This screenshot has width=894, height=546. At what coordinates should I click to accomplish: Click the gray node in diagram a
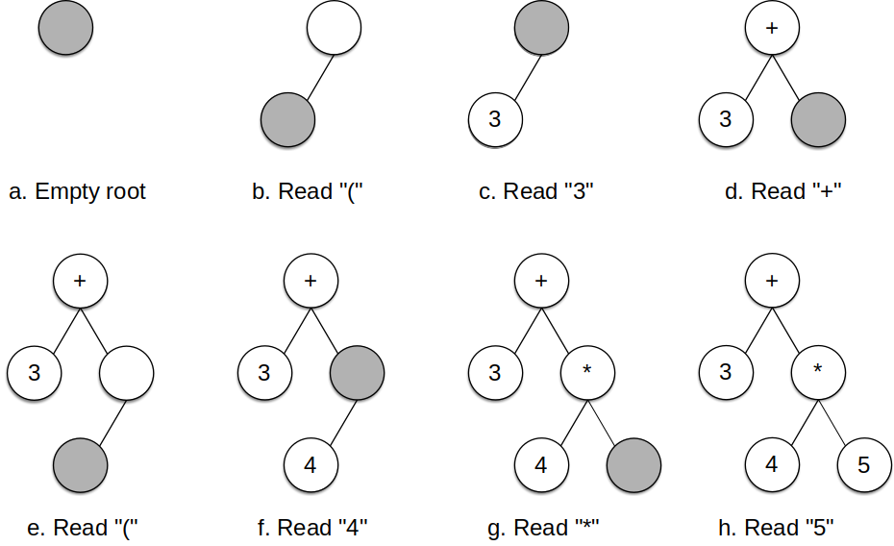coord(65,28)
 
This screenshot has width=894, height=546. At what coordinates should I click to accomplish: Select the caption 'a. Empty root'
coord(77,191)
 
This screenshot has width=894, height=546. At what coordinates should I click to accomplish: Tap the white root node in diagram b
coord(335,28)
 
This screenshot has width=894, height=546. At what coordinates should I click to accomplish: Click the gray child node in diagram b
coord(288,120)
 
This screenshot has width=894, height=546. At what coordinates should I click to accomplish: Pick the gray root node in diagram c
coord(541,28)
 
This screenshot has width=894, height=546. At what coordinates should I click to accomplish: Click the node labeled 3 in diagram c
coord(495,120)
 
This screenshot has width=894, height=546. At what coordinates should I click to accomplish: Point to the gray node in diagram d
coord(818,120)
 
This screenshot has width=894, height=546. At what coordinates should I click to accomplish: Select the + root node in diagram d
coord(772,28)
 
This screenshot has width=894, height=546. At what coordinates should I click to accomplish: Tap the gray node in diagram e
coord(81,465)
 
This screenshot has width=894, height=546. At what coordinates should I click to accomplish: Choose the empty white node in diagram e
coord(127,373)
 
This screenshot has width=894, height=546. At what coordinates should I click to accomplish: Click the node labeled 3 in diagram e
coord(35,373)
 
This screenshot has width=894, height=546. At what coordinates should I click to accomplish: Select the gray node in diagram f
coord(358,373)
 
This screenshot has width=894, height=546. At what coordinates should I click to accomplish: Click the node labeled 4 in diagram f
coord(310,465)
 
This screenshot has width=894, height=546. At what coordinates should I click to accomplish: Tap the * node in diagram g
coord(587,373)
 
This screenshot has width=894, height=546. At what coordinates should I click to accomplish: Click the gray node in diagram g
coord(633,465)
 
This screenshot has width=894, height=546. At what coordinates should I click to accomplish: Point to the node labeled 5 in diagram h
coord(863,465)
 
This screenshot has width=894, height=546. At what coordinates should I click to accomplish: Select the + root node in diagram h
coord(772,281)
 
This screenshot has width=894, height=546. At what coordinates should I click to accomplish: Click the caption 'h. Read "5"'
coord(776,528)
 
